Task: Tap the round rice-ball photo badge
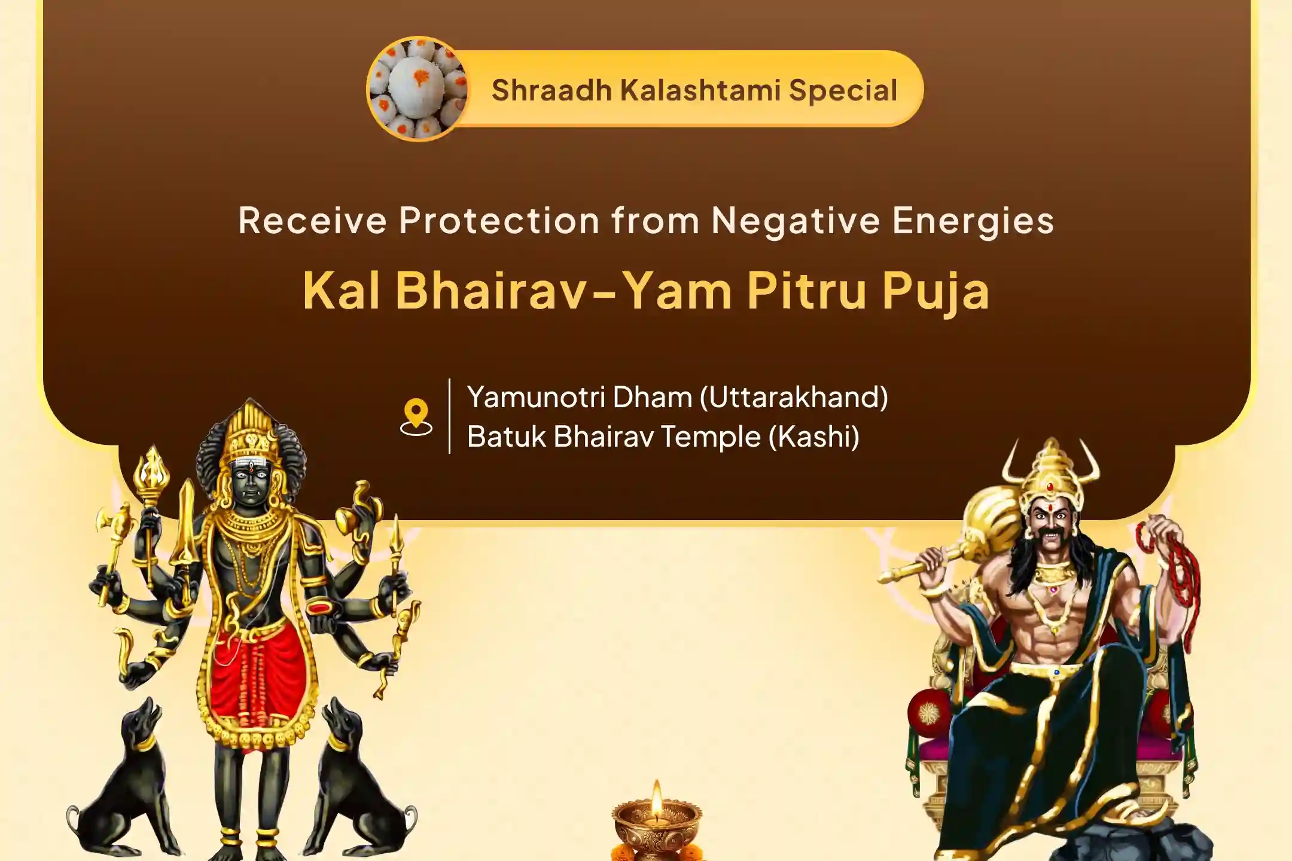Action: click(418, 88)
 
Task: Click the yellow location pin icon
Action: click(416, 416)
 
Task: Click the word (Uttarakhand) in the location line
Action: click(794, 397)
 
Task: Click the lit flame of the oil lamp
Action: click(657, 798)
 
